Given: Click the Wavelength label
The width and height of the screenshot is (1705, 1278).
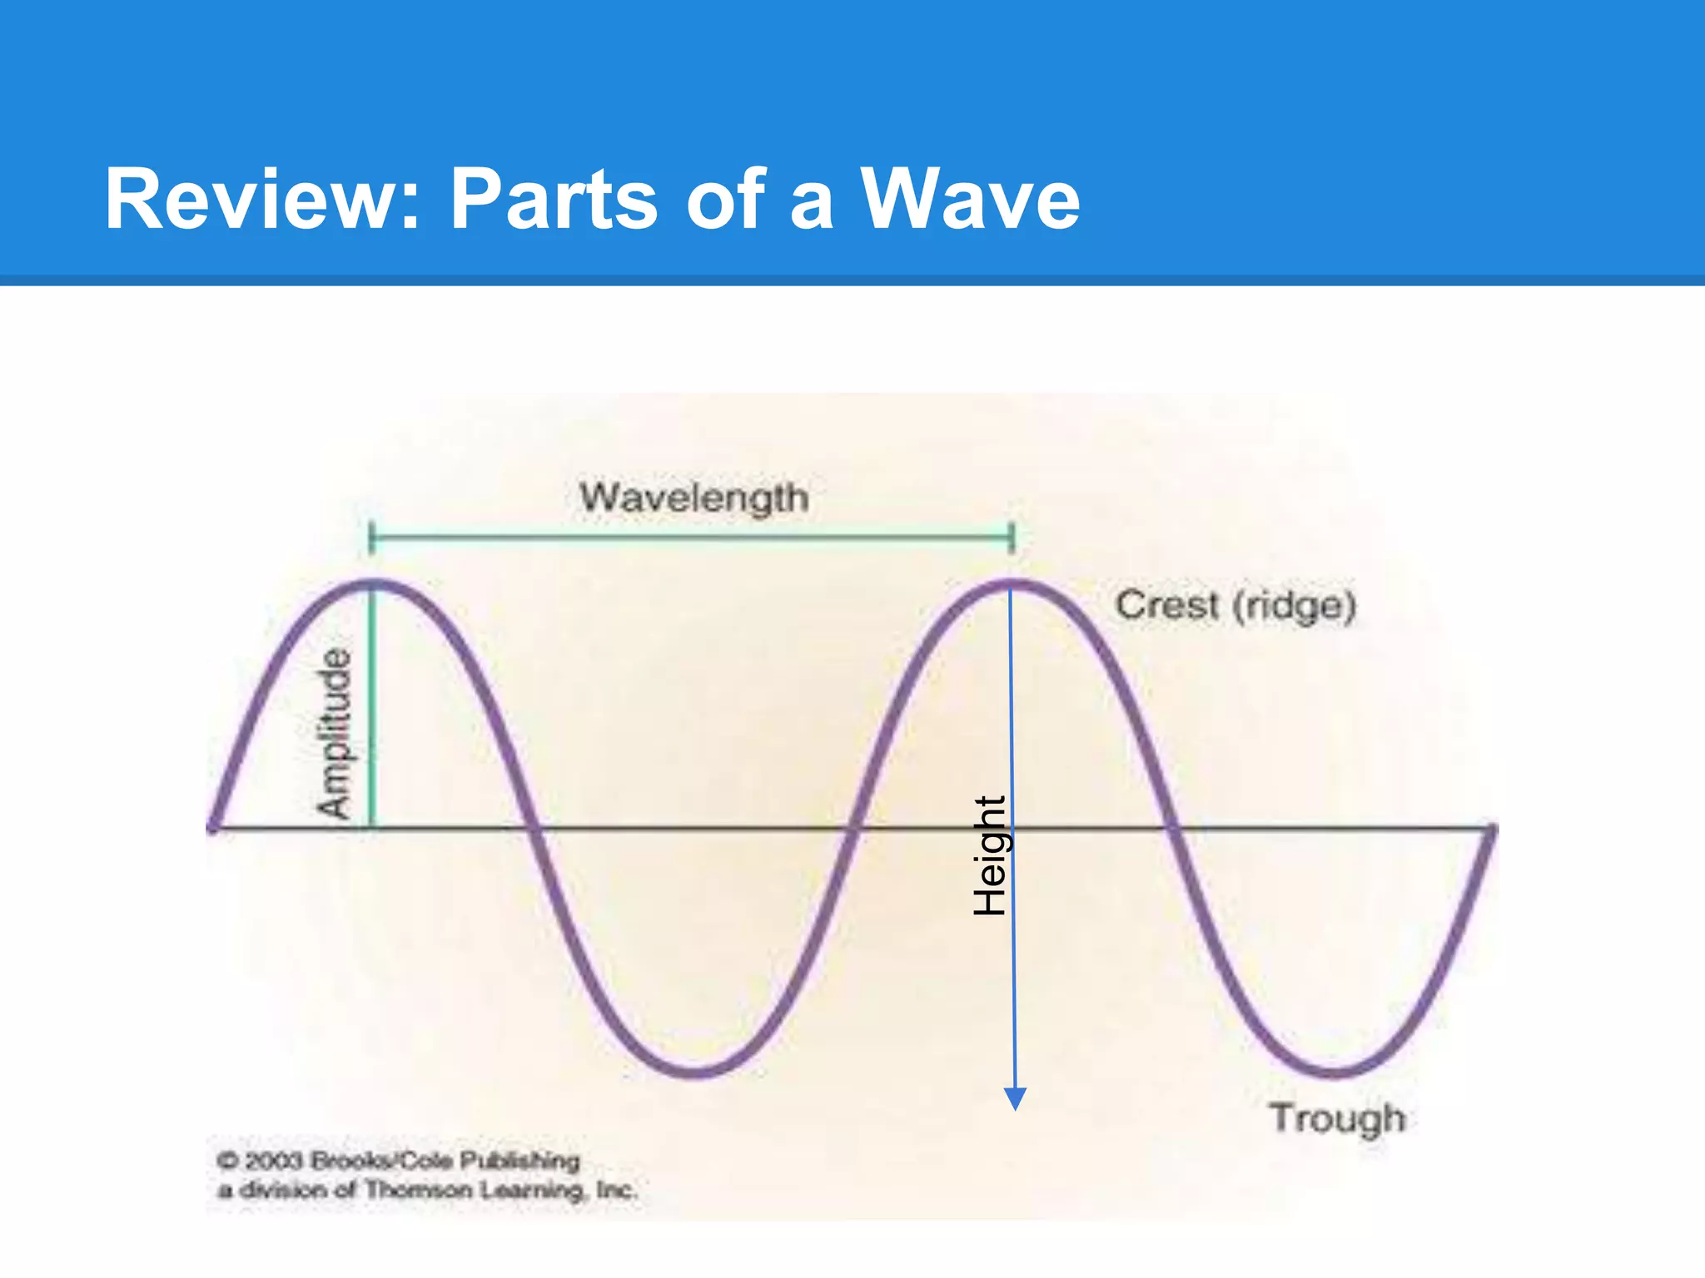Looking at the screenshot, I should [x=694, y=498].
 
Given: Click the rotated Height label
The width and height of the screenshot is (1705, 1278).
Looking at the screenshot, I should [x=991, y=855].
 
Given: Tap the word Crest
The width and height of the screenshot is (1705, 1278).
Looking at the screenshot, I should [x=1167, y=605].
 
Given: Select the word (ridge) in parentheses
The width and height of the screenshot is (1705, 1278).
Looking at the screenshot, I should [x=1295, y=607].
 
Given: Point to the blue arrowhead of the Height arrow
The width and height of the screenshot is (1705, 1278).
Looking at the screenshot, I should [x=1015, y=1099].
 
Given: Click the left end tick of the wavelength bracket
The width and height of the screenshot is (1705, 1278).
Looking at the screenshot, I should [x=371, y=538].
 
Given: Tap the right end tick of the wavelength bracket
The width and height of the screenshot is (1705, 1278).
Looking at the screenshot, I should [x=1012, y=538].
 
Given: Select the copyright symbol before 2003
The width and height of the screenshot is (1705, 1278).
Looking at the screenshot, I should [x=227, y=1160].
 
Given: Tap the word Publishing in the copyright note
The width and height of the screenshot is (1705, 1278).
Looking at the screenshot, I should [x=520, y=1161].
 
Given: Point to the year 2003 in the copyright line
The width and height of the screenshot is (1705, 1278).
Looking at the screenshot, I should [x=274, y=1160].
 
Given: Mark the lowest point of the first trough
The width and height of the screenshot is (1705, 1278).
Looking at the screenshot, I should [x=696, y=1073].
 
